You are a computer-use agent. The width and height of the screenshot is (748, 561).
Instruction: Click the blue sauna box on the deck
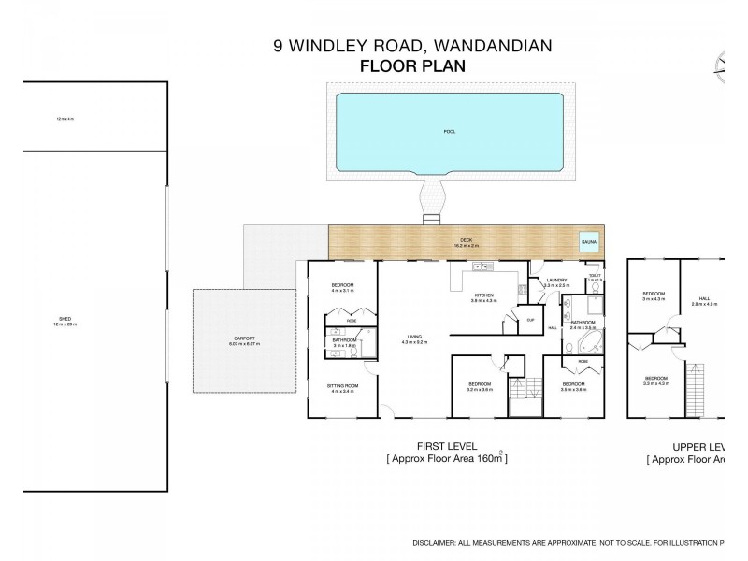pos(588,242)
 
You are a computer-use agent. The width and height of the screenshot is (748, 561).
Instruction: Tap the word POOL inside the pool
pos(449,131)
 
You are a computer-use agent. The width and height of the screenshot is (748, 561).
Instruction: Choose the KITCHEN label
pos(483,295)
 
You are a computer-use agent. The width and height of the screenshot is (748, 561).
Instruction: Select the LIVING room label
pos(415,338)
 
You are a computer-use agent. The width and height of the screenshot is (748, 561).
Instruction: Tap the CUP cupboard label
pos(530,320)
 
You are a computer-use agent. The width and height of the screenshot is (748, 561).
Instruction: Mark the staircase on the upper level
pos(695,390)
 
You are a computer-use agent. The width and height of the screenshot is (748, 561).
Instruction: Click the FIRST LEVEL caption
pos(447,447)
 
